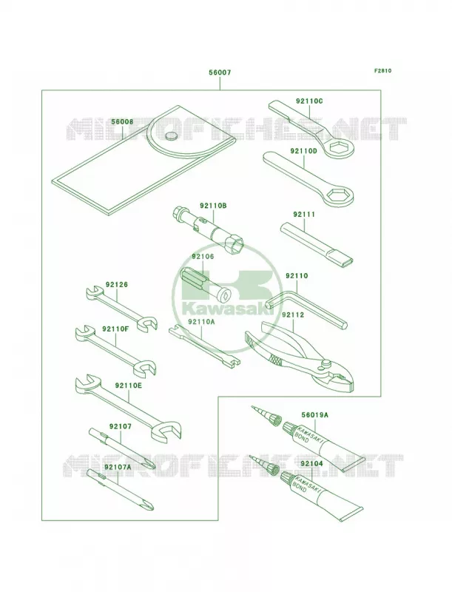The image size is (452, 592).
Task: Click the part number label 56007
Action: tap(220, 73)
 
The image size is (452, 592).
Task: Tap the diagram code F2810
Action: tap(382, 70)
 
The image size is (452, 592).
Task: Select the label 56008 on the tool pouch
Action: tap(122, 122)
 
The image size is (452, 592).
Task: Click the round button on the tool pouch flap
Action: tap(172, 136)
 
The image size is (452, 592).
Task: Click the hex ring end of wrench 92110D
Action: tap(339, 196)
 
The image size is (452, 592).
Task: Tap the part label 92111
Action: tap(304, 215)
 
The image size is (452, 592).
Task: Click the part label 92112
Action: tap(293, 315)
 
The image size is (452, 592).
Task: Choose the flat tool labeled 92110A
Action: tap(204, 346)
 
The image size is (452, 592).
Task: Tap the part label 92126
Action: tap(117, 285)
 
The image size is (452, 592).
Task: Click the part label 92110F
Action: tap(115, 329)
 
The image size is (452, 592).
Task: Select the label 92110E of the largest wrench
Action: tap(129, 386)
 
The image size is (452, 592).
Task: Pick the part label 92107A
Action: tap(118, 467)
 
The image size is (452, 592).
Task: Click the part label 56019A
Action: tap(314, 415)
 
